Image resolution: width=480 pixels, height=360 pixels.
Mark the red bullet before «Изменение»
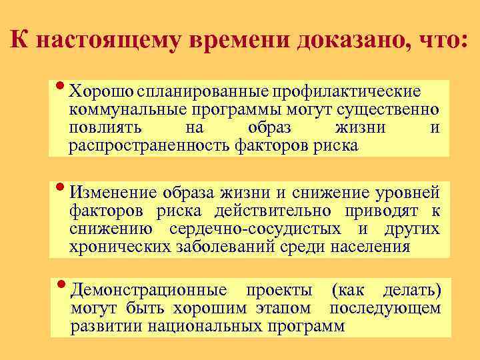[61, 186]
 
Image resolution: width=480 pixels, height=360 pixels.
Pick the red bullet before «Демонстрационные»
[61, 283]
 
